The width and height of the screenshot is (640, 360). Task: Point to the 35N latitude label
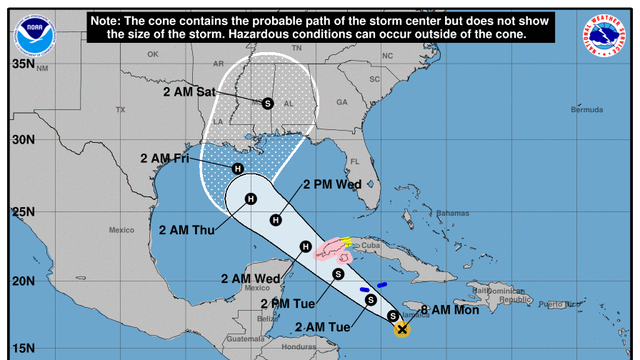[x=21, y=65]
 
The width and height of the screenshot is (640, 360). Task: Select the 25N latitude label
[x=21, y=212]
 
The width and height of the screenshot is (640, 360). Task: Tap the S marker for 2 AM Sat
[x=267, y=103]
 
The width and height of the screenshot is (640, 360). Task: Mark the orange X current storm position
[x=402, y=328]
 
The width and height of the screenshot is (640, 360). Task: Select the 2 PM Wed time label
[x=331, y=184]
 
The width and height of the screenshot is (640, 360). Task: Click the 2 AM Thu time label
[x=187, y=229]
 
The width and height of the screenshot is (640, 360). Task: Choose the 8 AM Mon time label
[x=452, y=310]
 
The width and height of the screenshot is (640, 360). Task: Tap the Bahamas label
[x=452, y=213]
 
